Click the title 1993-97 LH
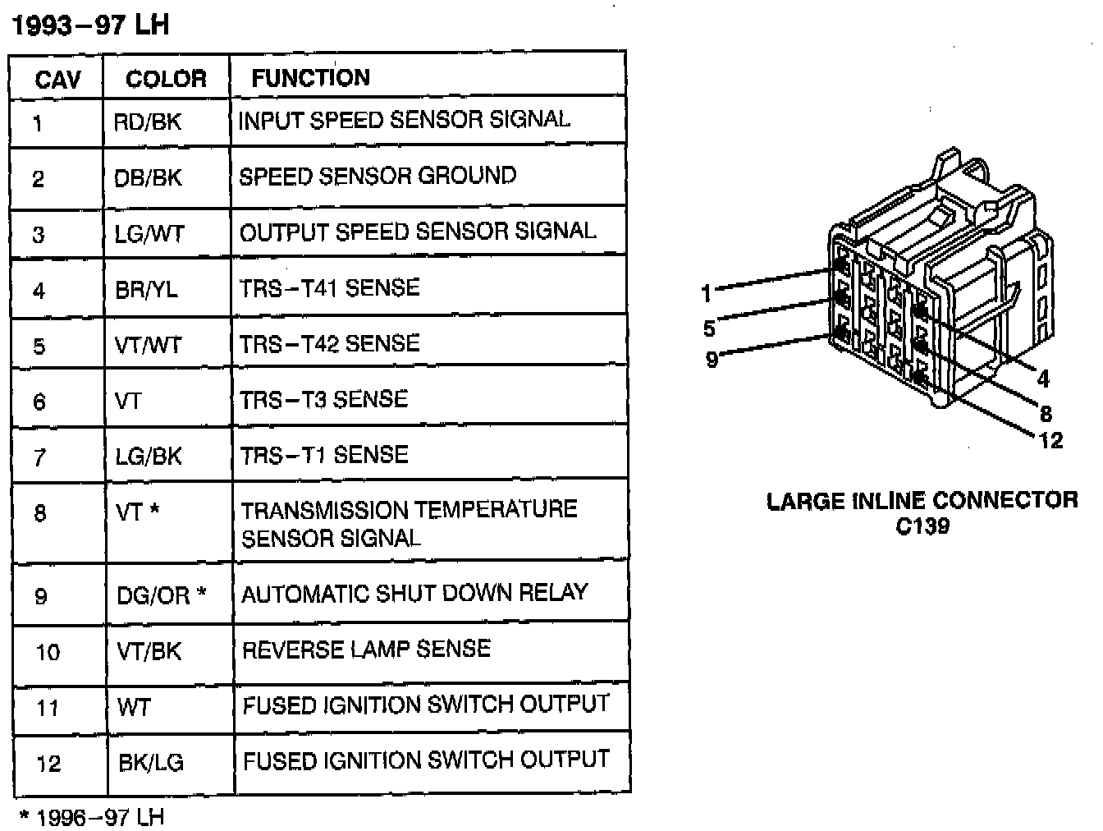tap(90, 25)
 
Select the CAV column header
tap(57, 80)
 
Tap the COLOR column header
tap(166, 79)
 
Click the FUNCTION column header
tap(310, 78)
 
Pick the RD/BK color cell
tap(148, 122)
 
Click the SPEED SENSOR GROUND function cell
tap(378, 176)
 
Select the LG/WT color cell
tap(149, 234)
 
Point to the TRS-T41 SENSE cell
tap(329, 288)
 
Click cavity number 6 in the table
tap(39, 402)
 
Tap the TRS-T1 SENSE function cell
tap(324, 455)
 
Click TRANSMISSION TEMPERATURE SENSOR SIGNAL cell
tap(409, 523)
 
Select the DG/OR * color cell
tap(161, 595)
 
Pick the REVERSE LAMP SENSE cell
tap(366, 650)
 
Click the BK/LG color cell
tap(150, 763)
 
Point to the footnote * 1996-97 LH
tap(92, 817)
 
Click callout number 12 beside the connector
tap(1050, 441)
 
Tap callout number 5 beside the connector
tap(709, 329)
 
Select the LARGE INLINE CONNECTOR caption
tap(922, 500)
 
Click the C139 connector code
tap(922, 526)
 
